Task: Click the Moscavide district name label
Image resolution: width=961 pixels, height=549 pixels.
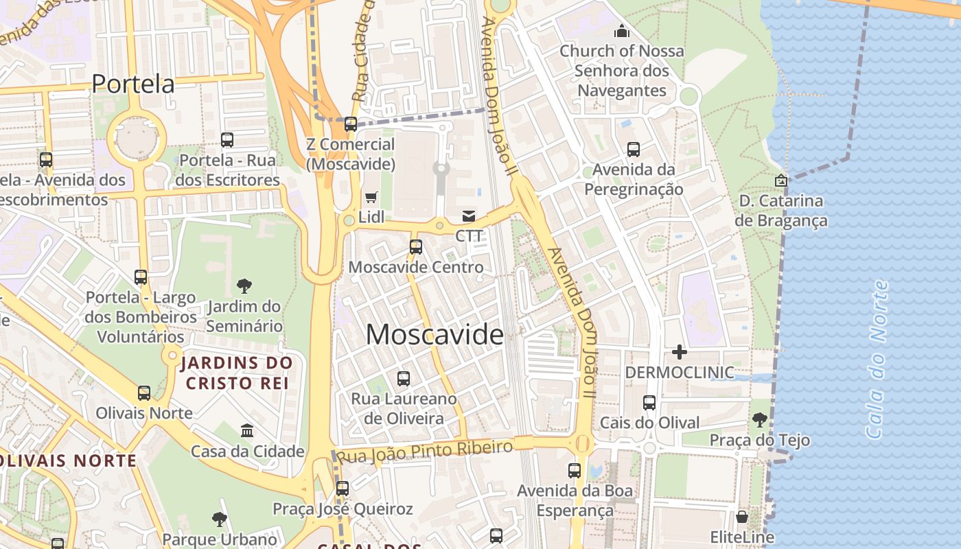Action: (435, 335)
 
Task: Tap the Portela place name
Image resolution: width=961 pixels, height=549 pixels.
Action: (133, 84)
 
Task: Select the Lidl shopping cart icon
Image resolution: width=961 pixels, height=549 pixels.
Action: (371, 198)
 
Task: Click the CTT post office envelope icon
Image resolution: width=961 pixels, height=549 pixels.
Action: (469, 216)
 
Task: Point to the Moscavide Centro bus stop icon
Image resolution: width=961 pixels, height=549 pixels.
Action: (416, 247)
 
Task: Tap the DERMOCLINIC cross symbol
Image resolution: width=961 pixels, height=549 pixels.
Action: (680, 352)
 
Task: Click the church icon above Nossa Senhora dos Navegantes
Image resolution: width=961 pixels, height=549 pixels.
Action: (622, 31)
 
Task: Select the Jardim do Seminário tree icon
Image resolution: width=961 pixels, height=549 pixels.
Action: (244, 286)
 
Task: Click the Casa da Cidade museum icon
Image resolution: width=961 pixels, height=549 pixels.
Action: (247, 431)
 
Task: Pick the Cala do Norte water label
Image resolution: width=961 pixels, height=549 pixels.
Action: (877, 359)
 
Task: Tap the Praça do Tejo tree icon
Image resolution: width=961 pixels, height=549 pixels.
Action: (759, 419)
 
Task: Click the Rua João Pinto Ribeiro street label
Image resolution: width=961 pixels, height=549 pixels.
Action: (426, 452)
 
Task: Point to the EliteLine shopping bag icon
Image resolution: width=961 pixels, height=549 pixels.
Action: (742, 517)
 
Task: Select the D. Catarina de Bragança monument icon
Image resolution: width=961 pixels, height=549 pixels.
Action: (780, 180)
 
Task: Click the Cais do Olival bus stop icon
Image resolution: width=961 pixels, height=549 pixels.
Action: (649, 403)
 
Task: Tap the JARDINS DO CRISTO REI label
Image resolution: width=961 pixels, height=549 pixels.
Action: (237, 373)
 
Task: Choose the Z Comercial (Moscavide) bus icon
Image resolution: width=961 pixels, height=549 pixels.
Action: (351, 124)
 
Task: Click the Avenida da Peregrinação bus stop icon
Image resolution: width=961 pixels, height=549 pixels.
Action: (634, 149)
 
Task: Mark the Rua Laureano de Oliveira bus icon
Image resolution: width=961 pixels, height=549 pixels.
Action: (404, 378)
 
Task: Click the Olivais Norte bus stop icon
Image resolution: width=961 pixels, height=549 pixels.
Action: (144, 393)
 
